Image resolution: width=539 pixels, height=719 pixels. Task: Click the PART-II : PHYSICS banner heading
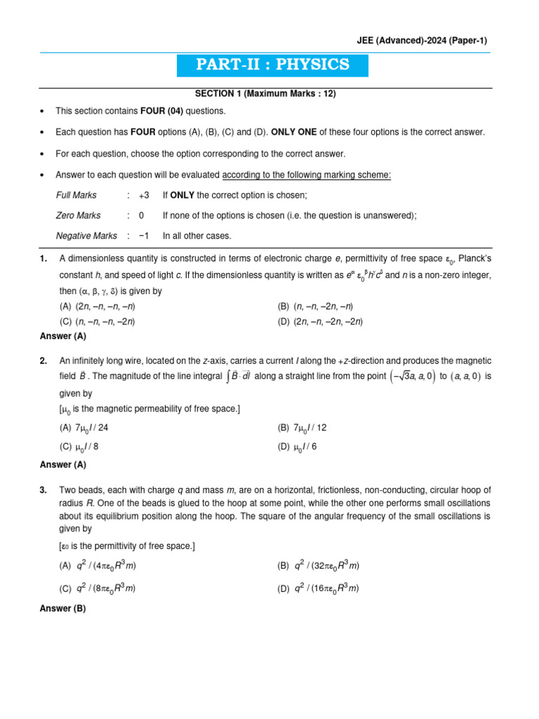(x=273, y=65)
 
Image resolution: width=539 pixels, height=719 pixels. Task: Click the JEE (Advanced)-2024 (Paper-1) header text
(x=420, y=41)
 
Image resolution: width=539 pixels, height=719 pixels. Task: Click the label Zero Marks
(x=78, y=216)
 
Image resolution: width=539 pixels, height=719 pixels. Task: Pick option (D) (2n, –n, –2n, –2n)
(x=320, y=322)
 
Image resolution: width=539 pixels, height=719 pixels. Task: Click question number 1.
(x=44, y=260)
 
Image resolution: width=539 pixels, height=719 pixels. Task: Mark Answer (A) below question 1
(x=63, y=336)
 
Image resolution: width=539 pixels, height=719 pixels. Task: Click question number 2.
(x=44, y=361)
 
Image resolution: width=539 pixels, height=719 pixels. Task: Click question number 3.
(x=44, y=489)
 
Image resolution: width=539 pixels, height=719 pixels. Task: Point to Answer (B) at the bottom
(x=63, y=609)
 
